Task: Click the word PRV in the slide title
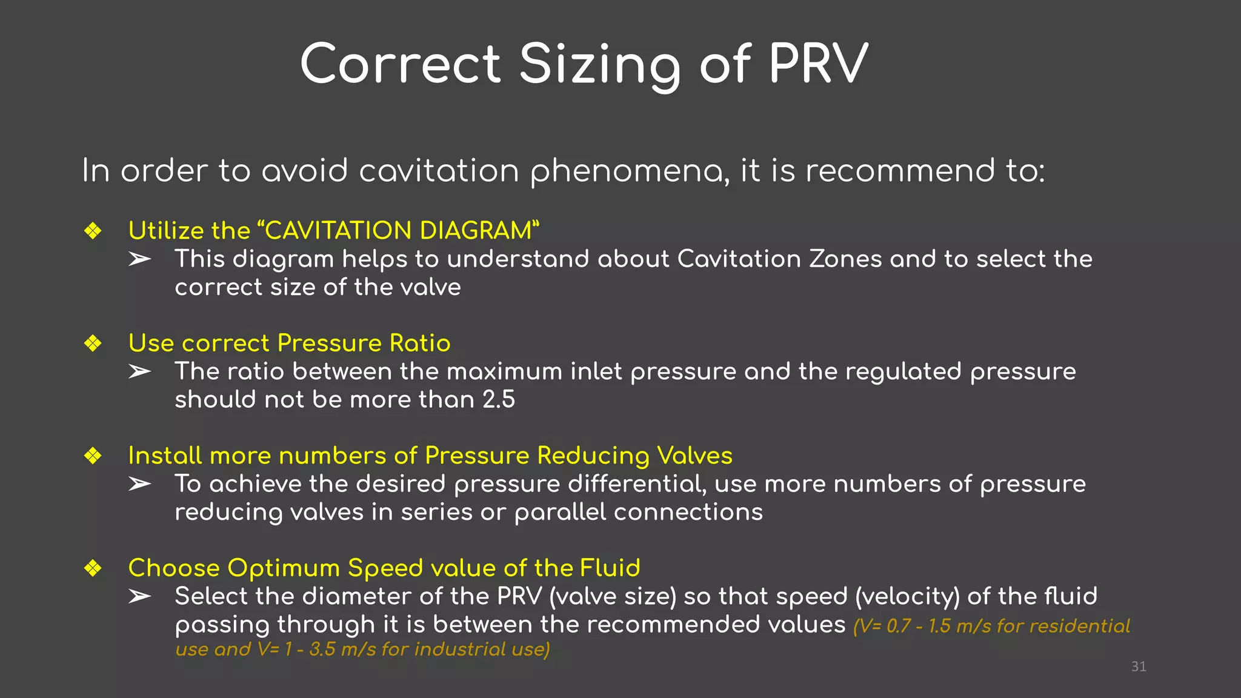pos(819,64)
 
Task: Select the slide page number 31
pos(1139,666)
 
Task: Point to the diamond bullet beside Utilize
pos(93,231)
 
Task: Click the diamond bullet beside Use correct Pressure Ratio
pos(93,344)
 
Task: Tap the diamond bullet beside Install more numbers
pos(93,456)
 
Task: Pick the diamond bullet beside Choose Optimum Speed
pos(93,568)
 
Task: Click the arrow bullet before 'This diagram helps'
pos(139,259)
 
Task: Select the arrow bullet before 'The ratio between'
pos(139,371)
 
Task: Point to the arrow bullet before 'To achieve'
pos(139,484)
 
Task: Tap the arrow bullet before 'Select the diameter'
pos(139,597)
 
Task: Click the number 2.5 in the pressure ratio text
pos(499,400)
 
